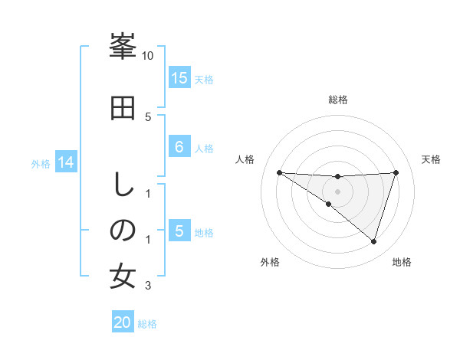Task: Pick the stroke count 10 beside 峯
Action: tap(148, 56)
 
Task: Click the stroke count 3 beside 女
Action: tap(148, 286)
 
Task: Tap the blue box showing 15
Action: tap(179, 77)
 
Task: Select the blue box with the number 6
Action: tap(179, 147)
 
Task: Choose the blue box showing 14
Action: tap(65, 162)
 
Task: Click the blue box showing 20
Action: tap(122, 322)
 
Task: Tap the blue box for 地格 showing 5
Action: tap(179, 231)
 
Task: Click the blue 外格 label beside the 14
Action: tap(40, 163)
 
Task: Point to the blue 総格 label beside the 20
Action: tap(147, 324)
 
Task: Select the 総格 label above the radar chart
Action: tap(338, 100)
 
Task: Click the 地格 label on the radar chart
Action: tap(402, 262)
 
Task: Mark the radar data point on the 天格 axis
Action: tap(396, 172)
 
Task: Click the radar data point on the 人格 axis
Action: tap(279, 172)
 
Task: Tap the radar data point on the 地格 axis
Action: tap(373, 241)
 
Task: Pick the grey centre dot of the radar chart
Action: tap(337, 191)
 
